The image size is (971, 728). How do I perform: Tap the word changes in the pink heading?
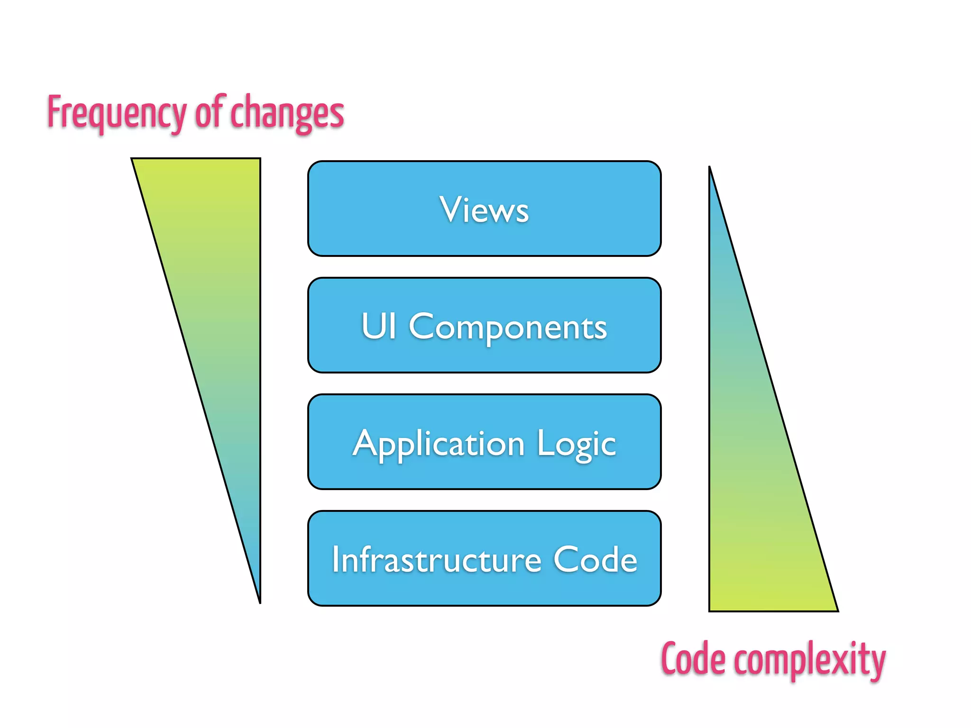coord(287,113)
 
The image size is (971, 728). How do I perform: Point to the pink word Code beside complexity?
coord(693,659)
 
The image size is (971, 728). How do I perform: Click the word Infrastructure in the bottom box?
coord(436,560)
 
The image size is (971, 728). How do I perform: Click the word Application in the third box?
coord(439,445)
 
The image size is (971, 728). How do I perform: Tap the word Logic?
coord(576,445)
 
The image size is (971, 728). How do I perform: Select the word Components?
coord(507,327)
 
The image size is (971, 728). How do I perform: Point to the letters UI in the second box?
coord(378,326)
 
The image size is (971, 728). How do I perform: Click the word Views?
coord(484,209)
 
